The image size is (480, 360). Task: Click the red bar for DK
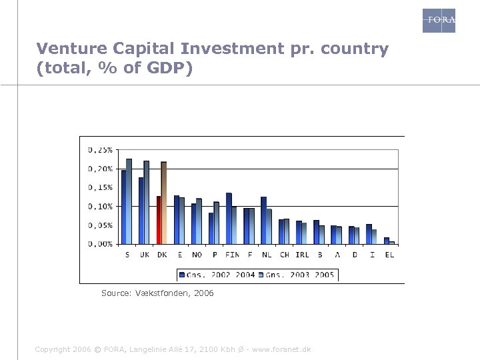point(159,220)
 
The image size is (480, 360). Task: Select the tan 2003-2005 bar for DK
point(164,203)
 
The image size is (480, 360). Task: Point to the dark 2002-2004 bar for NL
point(263,220)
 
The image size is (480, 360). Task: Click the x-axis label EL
point(389,254)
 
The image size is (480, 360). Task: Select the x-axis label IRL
point(302,254)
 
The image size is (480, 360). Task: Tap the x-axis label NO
point(197,254)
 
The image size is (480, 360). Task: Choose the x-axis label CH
point(284,254)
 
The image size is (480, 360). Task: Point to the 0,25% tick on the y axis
point(101,150)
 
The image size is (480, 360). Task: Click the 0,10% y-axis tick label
point(101,206)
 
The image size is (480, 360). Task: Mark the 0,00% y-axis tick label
point(101,244)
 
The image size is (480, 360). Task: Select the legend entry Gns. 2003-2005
point(299,275)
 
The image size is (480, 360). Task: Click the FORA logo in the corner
point(439,20)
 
